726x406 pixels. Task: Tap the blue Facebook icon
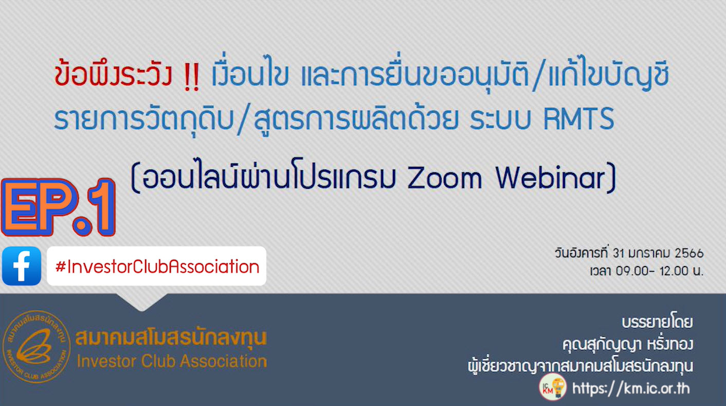(x=22, y=266)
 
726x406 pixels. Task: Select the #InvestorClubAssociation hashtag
(x=157, y=267)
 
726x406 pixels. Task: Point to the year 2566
(x=688, y=253)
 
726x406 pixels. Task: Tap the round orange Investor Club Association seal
(x=37, y=347)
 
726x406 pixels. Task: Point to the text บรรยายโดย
(x=657, y=323)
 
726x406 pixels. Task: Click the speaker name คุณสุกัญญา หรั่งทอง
(x=627, y=344)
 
